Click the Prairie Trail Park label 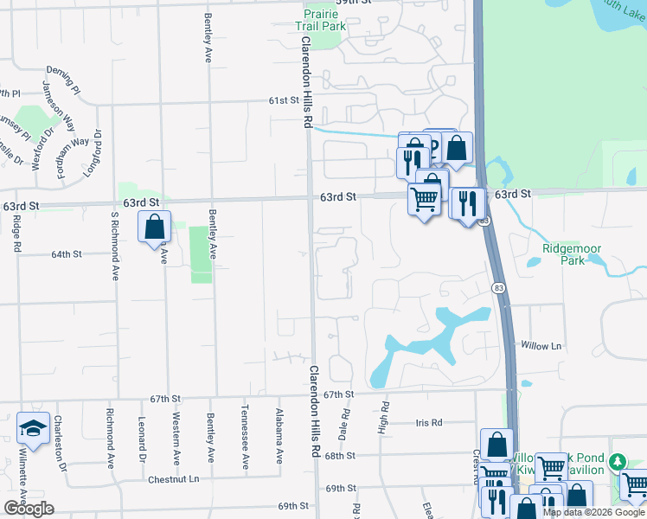click(x=324, y=19)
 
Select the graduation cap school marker click(x=33, y=429)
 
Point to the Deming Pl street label click(x=61, y=68)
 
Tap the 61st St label click(x=283, y=100)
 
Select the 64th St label click(x=66, y=254)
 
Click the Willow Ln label click(x=541, y=346)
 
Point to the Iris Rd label click(x=429, y=423)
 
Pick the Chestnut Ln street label click(x=173, y=478)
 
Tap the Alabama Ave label click(x=279, y=436)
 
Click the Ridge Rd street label click(x=16, y=234)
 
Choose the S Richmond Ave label click(x=114, y=247)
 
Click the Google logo click(x=29, y=509)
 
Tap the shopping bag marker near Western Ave click(x=154, y=227)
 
